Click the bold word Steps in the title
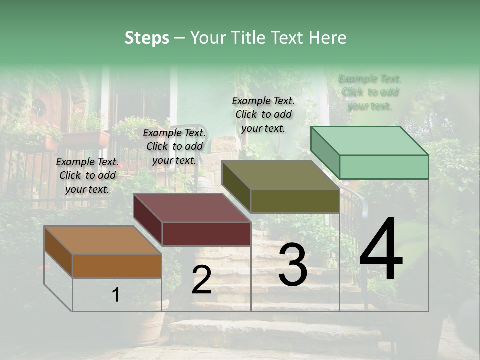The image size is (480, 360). pyautogui.click(x=146, y=38)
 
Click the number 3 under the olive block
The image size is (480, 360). pyautogui.click(x=293, y=265)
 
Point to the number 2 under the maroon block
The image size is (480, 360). pyautogui.click(x=201, y=280)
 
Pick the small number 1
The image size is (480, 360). pyautogui.click(x=116, y=295)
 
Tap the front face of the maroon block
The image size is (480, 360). pyautogui.click(x=206, y=234)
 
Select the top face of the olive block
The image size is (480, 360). pyautogui.click(x=280, y=175)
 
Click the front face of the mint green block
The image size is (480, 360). pyautogui.click(x=384, y=167)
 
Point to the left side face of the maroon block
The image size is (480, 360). pyautogui.click(x=148, y=219)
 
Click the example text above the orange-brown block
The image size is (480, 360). pyautogui.click(x=87, y=175)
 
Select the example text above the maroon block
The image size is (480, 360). pyautogui.click(x=174, y=146)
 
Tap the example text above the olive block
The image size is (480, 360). pyautogui.click(x=263, y=114)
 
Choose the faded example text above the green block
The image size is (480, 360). pyautogui.click(x=370, y=92)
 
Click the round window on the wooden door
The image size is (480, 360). pyautogui.click(x=39, y=106)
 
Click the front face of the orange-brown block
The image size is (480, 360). pyautogui.click(x=117, y=266)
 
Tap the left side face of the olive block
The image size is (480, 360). pyautogui.click(x=236, y=186)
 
